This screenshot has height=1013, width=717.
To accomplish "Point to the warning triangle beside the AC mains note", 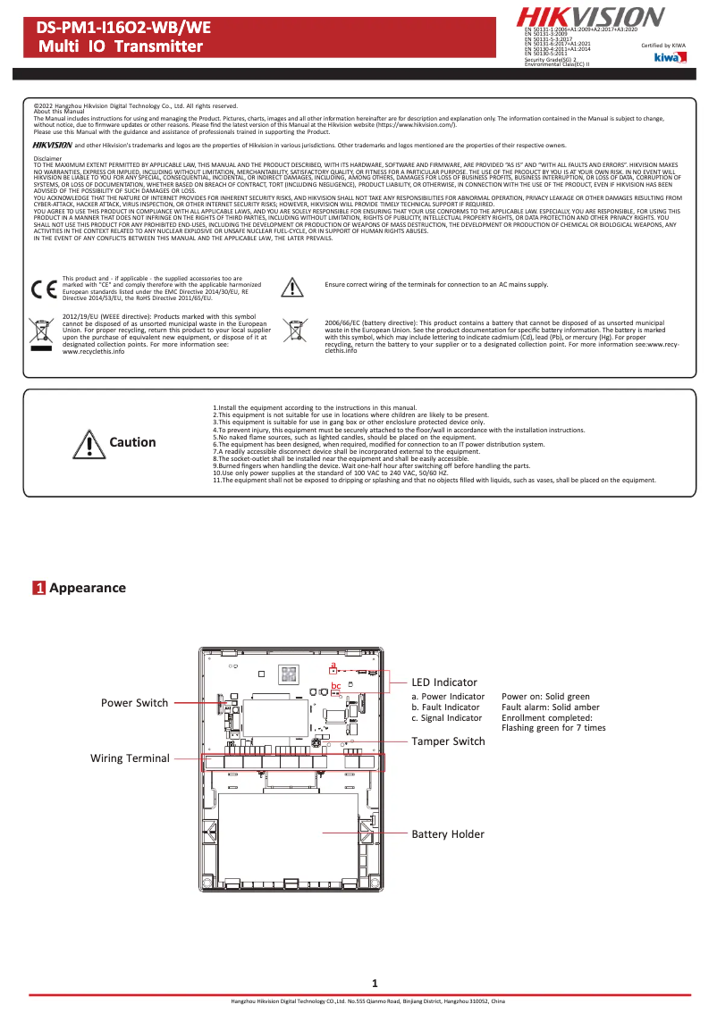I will [x=292, y=286].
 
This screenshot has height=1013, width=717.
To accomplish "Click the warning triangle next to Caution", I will [x=89, y=443].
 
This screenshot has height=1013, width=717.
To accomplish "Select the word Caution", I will [x=132, y=442].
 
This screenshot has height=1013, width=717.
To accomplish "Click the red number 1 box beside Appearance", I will [x=39, y=588].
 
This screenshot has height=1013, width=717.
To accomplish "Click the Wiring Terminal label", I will [x=130, y=758].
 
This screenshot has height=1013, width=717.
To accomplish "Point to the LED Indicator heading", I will [x=444, y=682].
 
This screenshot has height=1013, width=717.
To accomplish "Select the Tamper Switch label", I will [x=448, y=741].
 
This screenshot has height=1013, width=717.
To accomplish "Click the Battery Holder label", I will [x=448, y=834].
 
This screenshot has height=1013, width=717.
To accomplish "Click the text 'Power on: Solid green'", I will [x=545, y=697].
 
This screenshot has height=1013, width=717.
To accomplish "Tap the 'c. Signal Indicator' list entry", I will [x=447, y=717].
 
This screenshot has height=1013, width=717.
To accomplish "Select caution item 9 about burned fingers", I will [x=372, y=466].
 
